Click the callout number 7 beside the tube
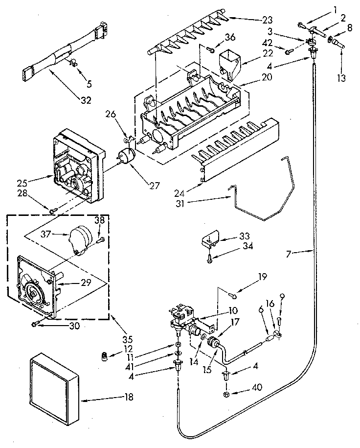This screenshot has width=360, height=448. (290, 253)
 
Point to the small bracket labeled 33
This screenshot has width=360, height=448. (208, 240)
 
